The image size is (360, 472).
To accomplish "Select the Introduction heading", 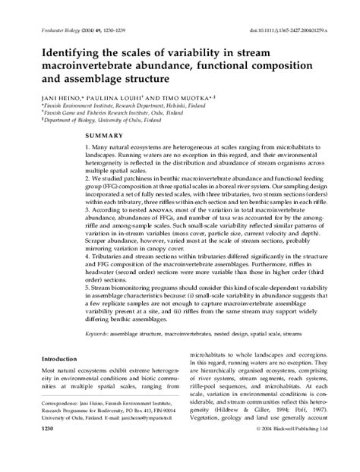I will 53,359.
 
